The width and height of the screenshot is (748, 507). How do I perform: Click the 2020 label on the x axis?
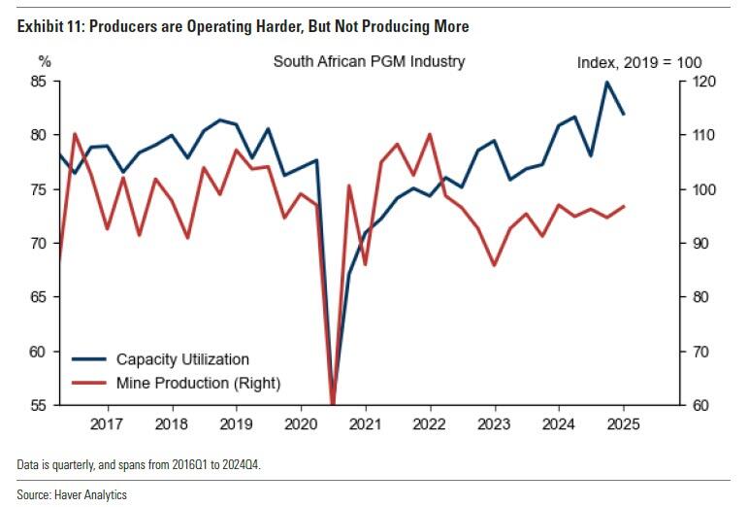(x=300, y=423)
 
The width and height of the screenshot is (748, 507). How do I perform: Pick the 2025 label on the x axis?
(x=623, y=423)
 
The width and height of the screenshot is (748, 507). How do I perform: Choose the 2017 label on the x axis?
(x=106, y=423)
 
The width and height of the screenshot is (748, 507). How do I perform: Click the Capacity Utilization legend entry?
(x=182, y=359)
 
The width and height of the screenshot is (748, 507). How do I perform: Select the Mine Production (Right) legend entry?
(x=198, y=383)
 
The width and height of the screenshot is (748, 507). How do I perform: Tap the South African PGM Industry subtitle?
(x=369, y=61)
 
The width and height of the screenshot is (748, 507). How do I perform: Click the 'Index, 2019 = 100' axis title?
(x=639, y=62)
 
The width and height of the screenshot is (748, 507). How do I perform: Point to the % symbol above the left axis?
(x=45, y=61)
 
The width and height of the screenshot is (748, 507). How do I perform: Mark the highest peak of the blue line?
(x=606, y=82)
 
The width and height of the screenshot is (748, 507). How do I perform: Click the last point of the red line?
(x=623, y=206)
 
